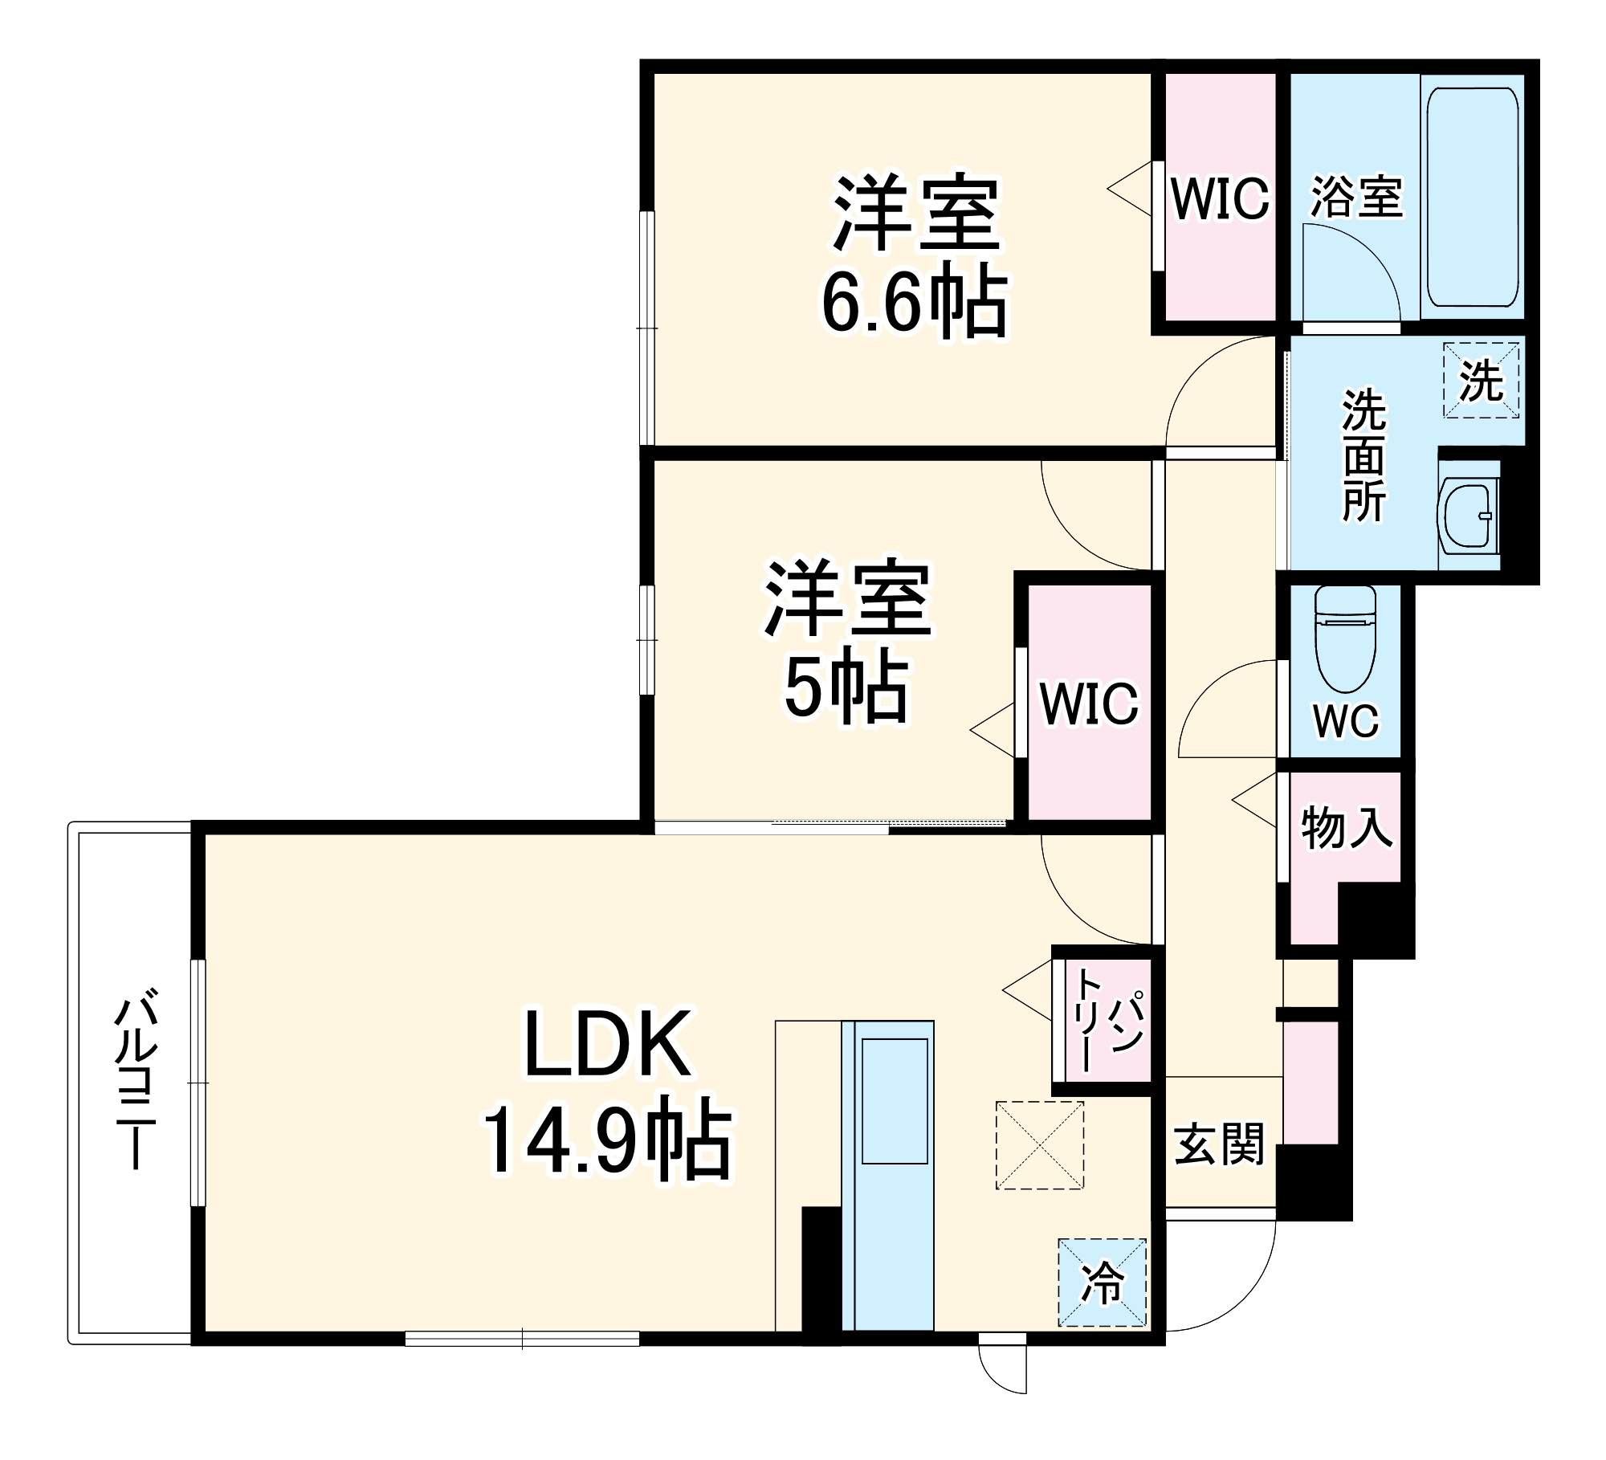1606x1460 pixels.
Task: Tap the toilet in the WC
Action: (1345, 638)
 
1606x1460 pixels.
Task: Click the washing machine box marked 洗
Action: (1481, 381)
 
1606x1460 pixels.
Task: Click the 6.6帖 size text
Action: (913, 304)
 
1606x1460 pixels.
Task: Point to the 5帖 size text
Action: (846, 690)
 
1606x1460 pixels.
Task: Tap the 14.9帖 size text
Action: (606, 1141)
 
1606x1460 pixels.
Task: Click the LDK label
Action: (606, 1045)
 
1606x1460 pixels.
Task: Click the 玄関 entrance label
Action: (1219, 1144)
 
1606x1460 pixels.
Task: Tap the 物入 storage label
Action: (1347, 828)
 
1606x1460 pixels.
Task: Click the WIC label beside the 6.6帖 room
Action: (1220, 198)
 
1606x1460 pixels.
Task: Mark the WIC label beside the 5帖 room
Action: (1089, 703)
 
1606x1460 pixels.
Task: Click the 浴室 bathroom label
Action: (1356, 197)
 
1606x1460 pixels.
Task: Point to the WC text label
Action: (1346, 720)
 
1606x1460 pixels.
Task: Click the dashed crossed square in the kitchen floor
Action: (1039, 1145)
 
